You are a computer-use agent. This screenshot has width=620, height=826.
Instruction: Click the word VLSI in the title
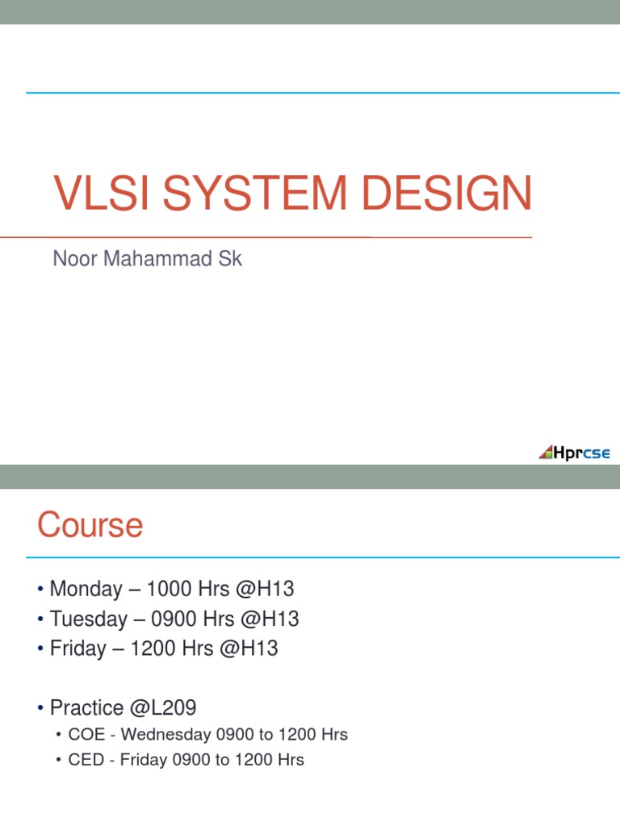[x=97, y=195]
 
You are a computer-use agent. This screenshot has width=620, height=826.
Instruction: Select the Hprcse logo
[x=575, y=453]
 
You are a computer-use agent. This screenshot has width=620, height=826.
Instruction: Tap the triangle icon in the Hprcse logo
[x=547, y=453]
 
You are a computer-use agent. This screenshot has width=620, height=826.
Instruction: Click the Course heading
[x=90, y=526]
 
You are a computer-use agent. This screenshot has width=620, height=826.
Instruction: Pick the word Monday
[x=86, y=589]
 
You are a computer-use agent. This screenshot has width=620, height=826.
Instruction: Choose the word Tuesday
[x=88, y=619]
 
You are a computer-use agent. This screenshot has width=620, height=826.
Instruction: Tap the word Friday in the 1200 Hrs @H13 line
[x=77, y=649]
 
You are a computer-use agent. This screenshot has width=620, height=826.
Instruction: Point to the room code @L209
[x=161, y=708]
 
